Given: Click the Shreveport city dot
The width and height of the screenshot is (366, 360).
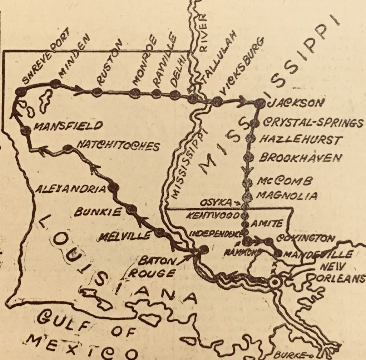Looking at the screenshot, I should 20,92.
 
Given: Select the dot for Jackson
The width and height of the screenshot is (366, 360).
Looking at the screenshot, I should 260,103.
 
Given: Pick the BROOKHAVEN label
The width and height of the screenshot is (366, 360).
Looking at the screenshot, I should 300,158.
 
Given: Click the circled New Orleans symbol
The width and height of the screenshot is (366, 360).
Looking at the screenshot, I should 274,282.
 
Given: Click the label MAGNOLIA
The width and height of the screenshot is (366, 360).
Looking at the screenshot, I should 287,196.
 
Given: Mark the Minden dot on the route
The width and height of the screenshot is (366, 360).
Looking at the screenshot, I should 55,84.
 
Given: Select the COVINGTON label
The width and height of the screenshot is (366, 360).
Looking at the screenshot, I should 306,238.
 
